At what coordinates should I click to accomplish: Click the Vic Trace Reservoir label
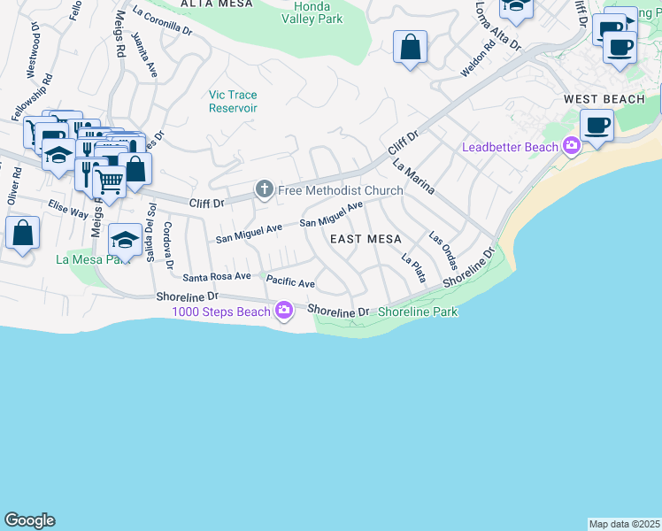(x=233, y=101)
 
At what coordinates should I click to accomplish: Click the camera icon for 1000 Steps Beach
(x=283, y=310)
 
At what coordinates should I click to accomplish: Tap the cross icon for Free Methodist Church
(x=264, y=189)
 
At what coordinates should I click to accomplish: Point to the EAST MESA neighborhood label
(x=366, y=240)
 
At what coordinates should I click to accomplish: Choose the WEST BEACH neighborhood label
(x=604, y=99)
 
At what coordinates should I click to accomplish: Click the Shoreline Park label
(x=417, y=312)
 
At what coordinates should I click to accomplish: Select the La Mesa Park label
(x=87, y=259)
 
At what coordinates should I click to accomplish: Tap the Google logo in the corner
(x=29, y=520)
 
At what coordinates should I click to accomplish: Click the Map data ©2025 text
(x=624, y=524)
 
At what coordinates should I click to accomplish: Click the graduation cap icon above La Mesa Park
(x=125, y=240)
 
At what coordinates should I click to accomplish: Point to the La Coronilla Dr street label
(x=162, y=22)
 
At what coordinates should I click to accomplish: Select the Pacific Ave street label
(x=290, y=283)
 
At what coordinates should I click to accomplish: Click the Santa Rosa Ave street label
(x=217, y=276)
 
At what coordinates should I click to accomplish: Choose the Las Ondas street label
(x=443, y=250)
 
